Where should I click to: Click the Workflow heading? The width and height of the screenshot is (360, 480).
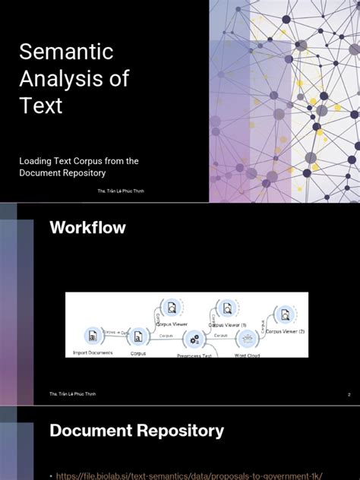pyautogui.click(x=87, y=227)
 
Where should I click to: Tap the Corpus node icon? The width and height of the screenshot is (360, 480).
pyautogui.click(x=138, y=335)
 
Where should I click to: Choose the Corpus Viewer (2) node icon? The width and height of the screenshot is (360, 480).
pyautogui.click(x=283, y=313)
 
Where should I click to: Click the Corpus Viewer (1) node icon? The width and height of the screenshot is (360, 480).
pyautogui.click(x=226, y=308)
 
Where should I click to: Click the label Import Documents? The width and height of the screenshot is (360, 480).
pyautogui.click(x=93, y=353)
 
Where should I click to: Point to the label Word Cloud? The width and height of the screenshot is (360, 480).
pyautogui.click(x=247, y=355)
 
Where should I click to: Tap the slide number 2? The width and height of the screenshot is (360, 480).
pyautogui.click(x=348, y=395)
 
